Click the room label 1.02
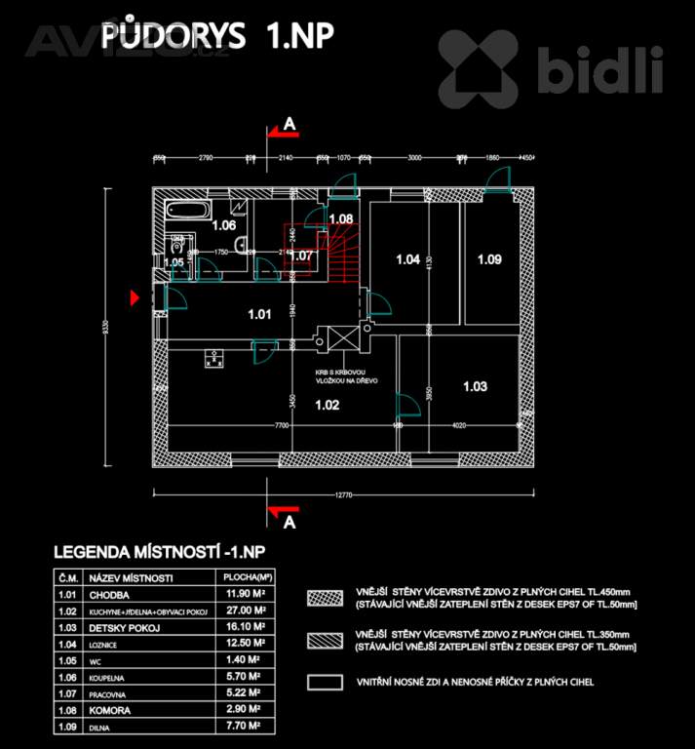[x=327, y=406]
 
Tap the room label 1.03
[x=474, y=387]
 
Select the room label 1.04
[x=407, y=259]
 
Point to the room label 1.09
[x=488, y=259]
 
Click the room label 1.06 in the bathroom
[x=224, y=225]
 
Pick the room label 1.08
[x=340, y=218]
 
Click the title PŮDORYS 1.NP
[x=217, y=35]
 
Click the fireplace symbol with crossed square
[x=343, y=340]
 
